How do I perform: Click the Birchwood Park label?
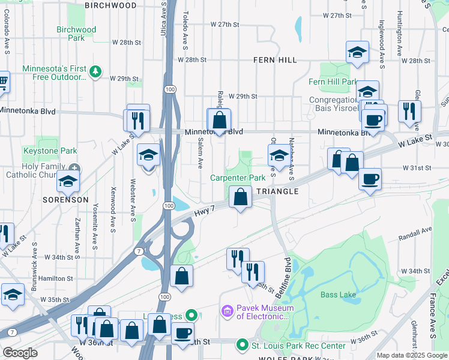click(x=76, y=34)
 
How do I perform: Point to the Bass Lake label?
click(x=338, y=295)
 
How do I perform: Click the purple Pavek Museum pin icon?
click(x=228, y=311)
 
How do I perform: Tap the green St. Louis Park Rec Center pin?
click(x=243, y=345)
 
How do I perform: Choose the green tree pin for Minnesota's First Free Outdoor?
click(x=95, y=71)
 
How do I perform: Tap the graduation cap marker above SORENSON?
click(x=68, y=181)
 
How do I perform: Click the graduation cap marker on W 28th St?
click(x=357, y=52)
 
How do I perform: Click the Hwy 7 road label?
click(x=205, y=213)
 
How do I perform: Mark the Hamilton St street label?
click(x=56, y=278)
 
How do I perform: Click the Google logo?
click(x=20, y=353)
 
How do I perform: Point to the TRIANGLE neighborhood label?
click(x=277, y=191)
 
